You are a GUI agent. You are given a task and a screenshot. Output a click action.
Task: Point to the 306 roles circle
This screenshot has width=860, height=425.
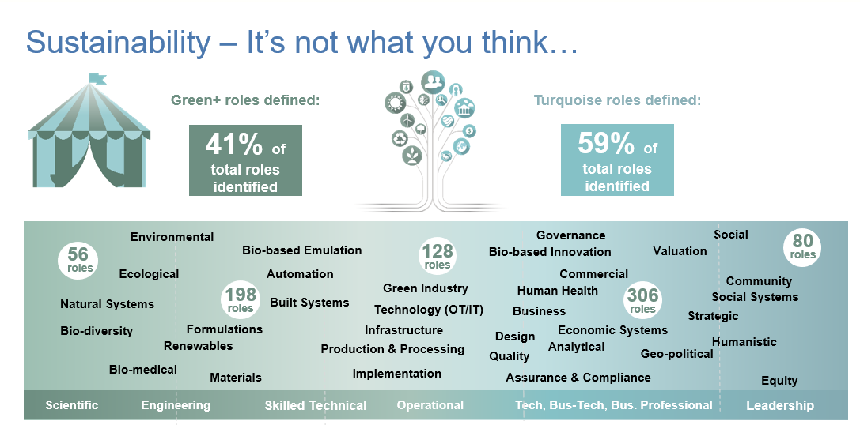[x=642, y=300]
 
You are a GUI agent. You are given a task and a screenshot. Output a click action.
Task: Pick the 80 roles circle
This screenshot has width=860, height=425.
[x=802, y=246]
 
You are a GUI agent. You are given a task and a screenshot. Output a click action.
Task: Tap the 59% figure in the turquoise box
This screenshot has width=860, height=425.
[x=605, y=143]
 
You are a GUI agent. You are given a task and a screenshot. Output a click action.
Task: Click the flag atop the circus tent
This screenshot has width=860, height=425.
[x=97, y=78]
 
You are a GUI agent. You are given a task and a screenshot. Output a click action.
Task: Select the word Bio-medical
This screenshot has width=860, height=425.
[x=143, y=370]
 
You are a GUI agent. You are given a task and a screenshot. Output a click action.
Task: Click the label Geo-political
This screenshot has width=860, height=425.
[x=676, y=354]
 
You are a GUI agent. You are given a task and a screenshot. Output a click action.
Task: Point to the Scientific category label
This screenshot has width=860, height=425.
[x=72, y=405]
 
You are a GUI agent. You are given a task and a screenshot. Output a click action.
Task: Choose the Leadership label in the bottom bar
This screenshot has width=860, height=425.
[x=779, y=405]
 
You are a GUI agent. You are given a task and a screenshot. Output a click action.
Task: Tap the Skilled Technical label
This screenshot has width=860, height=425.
[x=316, y=405]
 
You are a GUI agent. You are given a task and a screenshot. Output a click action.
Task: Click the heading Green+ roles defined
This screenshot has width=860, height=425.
[x=245, y=100]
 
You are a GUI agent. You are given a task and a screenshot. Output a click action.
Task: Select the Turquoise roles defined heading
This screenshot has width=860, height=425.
[x=617, y=100]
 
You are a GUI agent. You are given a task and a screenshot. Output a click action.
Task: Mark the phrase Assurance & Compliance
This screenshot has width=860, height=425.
[x=578, y=378]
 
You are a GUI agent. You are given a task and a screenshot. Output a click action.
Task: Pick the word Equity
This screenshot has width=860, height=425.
[x=779, y=381]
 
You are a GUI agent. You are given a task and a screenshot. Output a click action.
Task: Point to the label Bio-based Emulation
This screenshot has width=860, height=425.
[x=301, y=250]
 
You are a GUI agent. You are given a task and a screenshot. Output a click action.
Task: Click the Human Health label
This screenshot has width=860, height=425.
[x=558, y=291]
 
